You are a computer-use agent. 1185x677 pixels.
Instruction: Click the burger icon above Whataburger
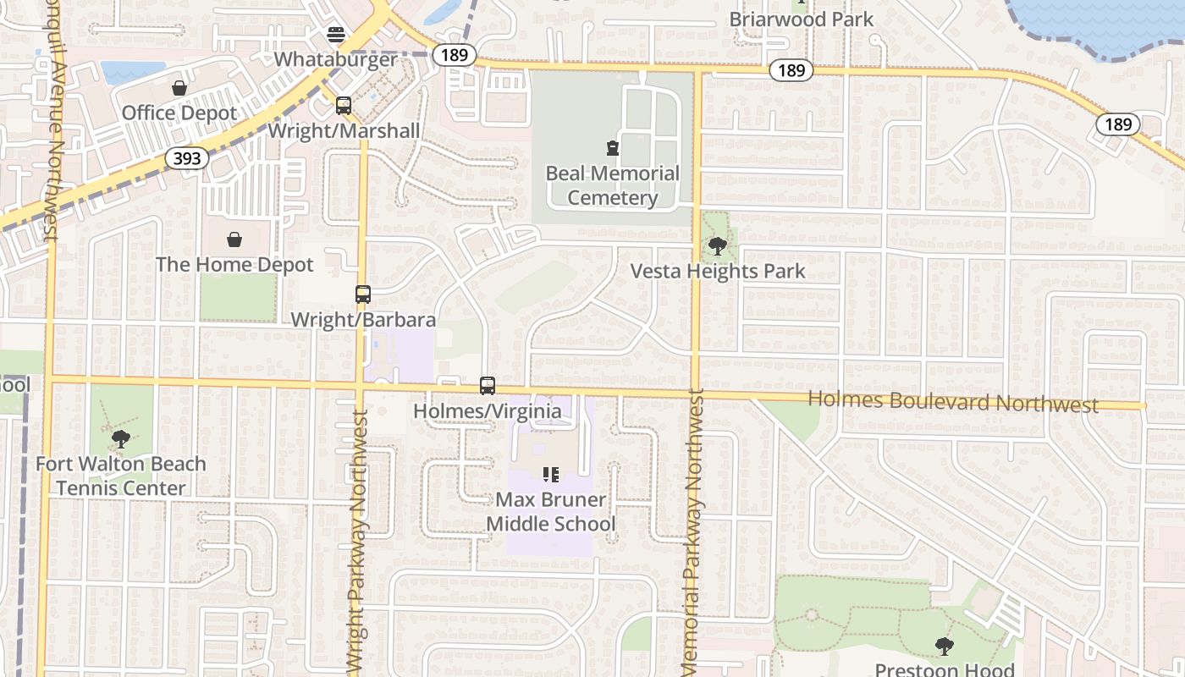336,35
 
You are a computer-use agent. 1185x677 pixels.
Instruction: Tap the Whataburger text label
336,59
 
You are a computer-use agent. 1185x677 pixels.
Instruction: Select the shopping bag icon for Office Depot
179,88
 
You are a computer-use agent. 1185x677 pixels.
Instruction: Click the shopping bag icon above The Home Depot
234,240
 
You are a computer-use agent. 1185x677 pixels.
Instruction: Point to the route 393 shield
187,158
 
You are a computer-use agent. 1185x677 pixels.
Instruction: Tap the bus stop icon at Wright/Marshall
344,106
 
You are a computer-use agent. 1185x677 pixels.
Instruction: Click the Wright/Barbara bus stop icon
363,294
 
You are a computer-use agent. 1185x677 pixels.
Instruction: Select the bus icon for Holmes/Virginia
488,386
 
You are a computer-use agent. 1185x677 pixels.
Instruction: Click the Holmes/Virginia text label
487,411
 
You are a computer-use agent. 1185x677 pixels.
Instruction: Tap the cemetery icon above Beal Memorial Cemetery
613,149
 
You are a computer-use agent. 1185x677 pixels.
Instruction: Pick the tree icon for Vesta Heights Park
718,247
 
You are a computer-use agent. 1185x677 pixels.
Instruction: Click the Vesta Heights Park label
718,272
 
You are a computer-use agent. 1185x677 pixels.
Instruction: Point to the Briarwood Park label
801,19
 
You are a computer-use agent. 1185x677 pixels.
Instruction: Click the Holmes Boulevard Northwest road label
953,402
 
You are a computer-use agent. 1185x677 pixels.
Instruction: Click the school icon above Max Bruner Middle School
551,475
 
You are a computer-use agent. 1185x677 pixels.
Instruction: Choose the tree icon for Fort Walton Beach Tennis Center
120,439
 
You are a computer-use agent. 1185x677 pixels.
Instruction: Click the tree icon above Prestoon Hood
944,647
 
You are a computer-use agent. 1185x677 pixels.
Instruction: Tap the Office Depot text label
179,113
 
